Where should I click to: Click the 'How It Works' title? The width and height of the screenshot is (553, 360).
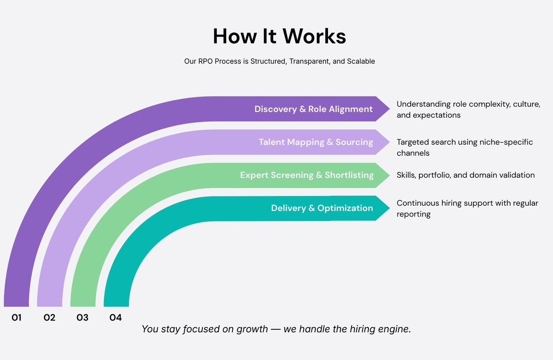[x=279, y=36]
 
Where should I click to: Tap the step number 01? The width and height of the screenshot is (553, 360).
[x=17, y=317]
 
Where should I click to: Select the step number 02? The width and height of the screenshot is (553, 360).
[x=50, y=317]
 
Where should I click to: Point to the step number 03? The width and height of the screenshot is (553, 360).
[x=83, y=317]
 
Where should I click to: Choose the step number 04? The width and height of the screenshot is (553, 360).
[x=116, y=317]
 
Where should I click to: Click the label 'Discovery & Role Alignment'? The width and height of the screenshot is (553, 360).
[x=313, y=109]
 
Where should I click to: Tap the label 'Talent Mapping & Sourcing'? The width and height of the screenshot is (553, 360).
[x=316, y=142]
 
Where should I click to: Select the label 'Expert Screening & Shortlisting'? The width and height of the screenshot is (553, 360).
[x=306, y=175]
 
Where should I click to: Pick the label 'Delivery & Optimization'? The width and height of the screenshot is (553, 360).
[x=322, y=208]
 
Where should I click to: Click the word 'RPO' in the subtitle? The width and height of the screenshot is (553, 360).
[x=205, y=61]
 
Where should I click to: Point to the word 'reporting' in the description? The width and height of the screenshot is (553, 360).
[x=413, y=214]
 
